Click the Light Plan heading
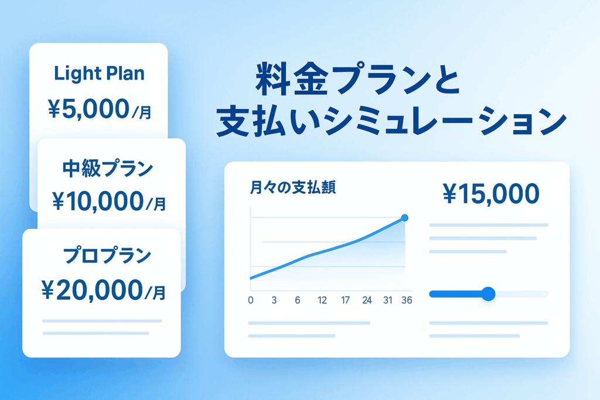(x=99, y=73)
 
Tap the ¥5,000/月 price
(x=100, y=109)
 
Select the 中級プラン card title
(x=108, y=169)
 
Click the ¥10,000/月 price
(x=109, y=201)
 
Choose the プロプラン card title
(x=107, y=255)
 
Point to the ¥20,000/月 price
(x=103, y=290)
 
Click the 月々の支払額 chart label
(x=293, y=187)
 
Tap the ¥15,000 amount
(x=491, y=193)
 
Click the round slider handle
(x=488, y=293)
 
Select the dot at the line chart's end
(x=404, y=218)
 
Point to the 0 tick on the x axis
(x=251, y=300)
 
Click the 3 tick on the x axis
(x=274, y=300)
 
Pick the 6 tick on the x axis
(x=297, y=300)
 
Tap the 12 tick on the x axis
(x=322, y=300)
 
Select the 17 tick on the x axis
(x=345, y=300)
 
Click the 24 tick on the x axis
(x=367, y=300)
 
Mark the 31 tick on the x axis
(x=388, y=300)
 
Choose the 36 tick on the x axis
(x=407, y=300)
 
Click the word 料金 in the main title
(x=292, y=80)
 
